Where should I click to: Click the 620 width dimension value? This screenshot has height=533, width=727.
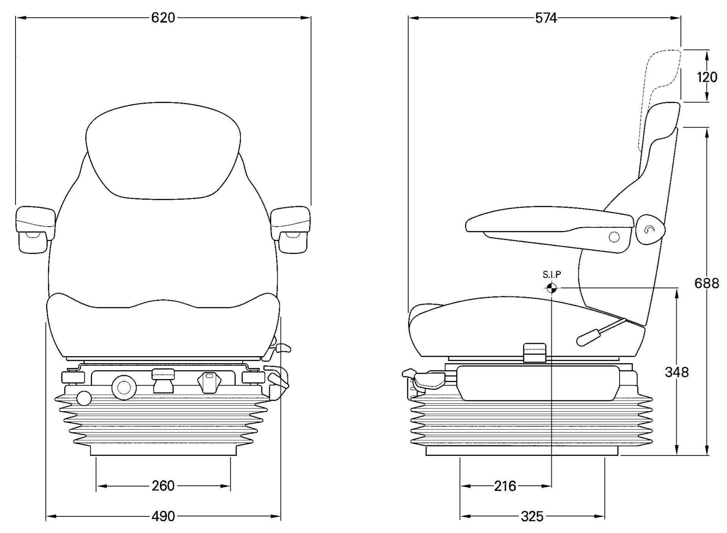163,18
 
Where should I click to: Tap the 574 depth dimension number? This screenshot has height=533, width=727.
546,18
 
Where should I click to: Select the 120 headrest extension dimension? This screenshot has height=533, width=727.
707,77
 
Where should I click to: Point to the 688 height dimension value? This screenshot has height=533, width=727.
707,283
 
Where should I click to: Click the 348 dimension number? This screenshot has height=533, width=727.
677,372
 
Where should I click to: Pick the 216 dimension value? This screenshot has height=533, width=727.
505,486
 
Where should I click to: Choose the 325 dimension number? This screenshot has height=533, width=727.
532,516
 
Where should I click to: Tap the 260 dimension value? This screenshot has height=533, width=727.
163,486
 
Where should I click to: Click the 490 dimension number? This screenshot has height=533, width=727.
163,516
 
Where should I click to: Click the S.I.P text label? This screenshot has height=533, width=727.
552,275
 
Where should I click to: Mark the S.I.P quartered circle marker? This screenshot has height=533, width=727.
552,288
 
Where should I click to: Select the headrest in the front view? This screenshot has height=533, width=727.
163,151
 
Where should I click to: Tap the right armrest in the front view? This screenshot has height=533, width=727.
291,229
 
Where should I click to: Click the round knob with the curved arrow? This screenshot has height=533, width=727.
650,229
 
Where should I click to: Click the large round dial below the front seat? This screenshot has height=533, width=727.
124,387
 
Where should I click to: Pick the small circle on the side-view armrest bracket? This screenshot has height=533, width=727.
614,237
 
